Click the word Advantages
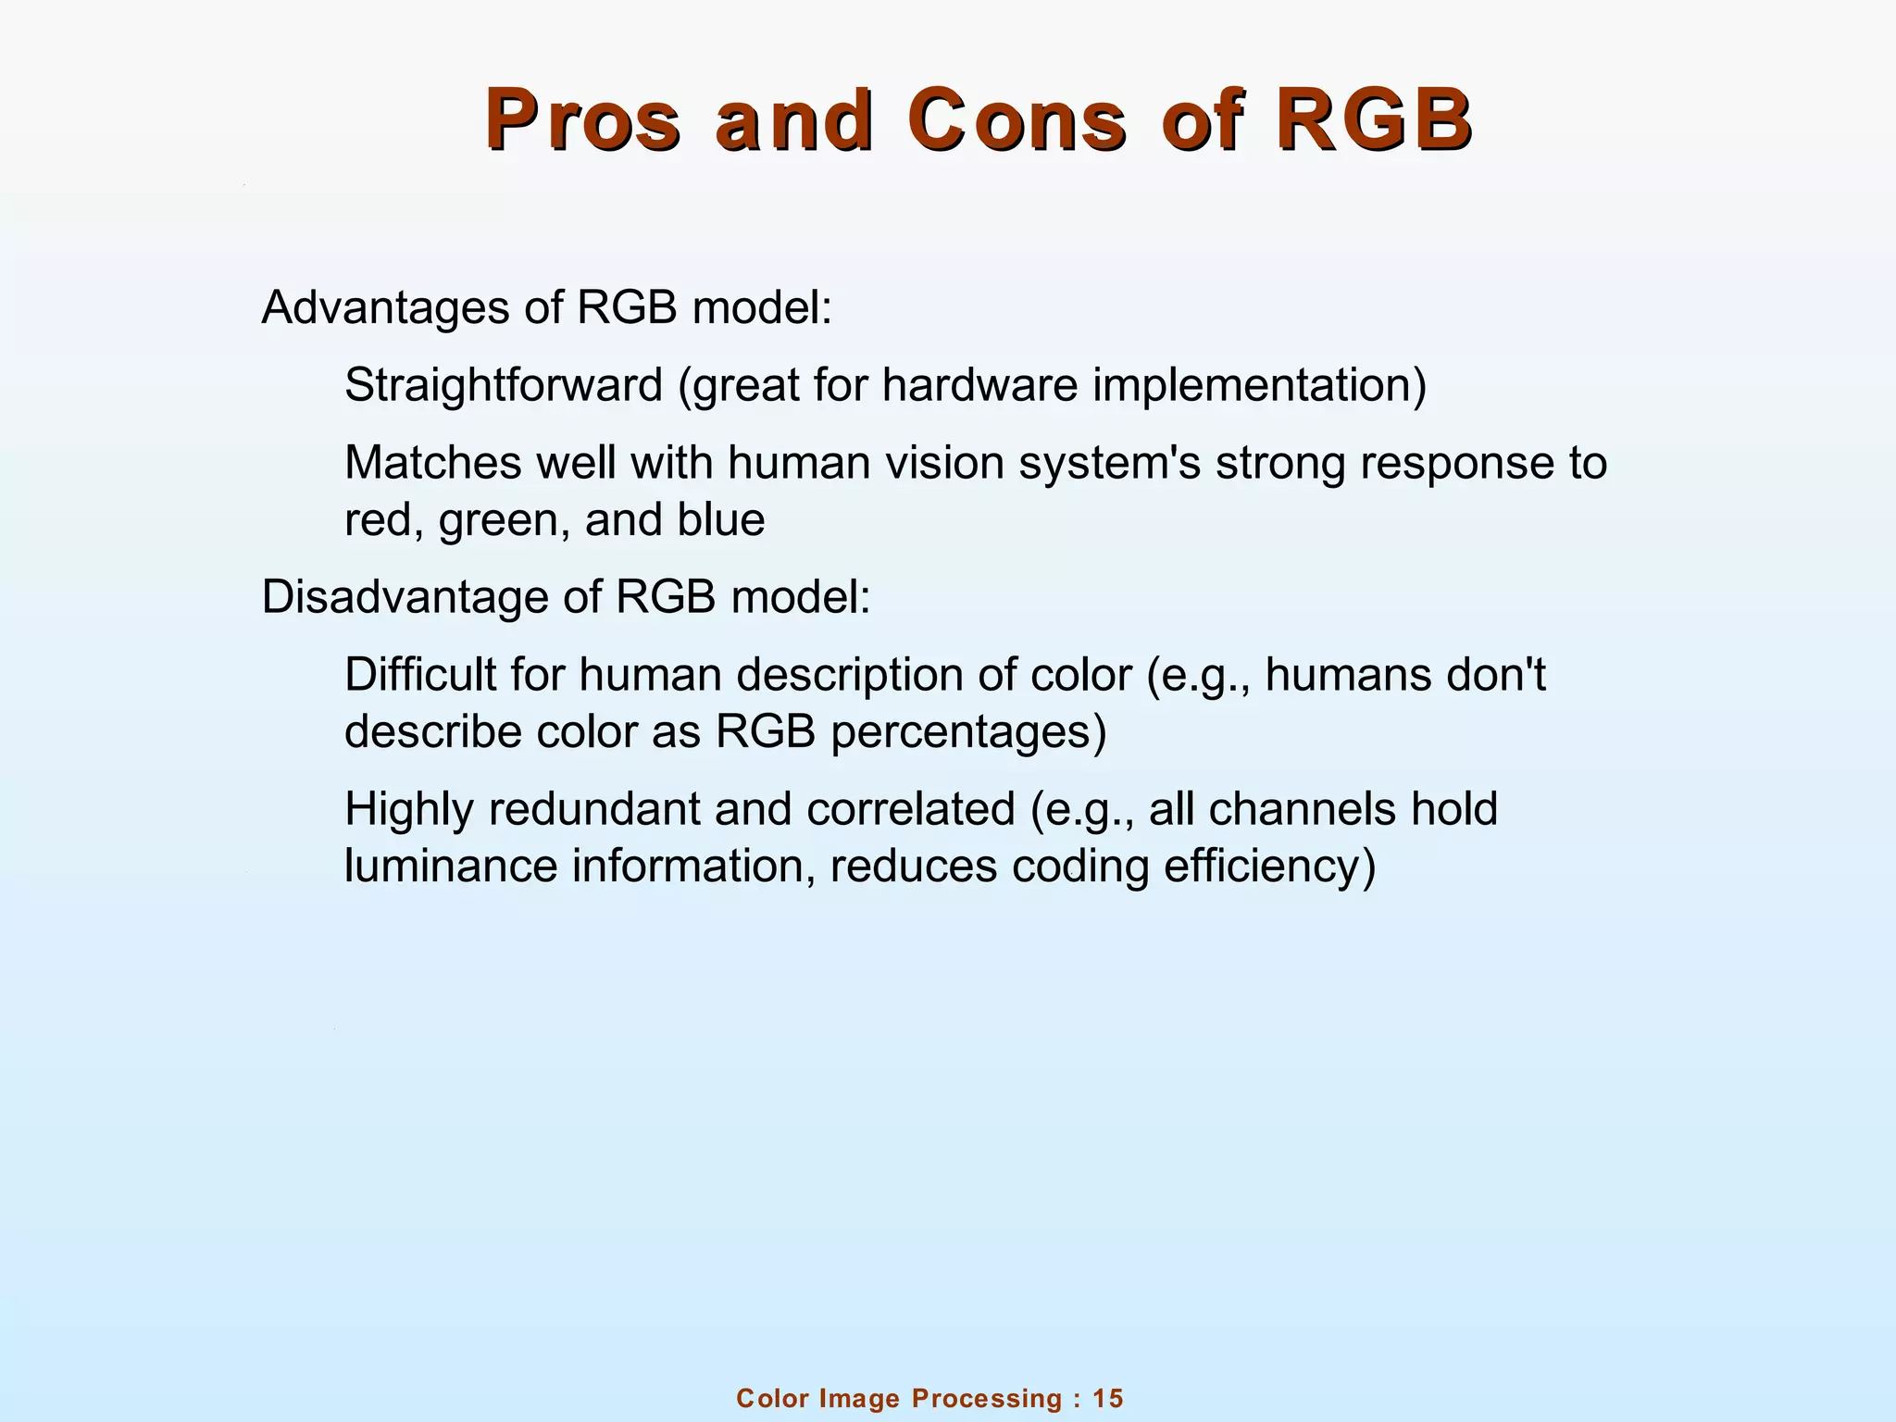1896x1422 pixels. [385, 308]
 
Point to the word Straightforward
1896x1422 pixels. [504, 385]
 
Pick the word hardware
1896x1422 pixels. [979, 385]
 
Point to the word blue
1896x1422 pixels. [720, 520]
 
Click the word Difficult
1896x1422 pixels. [421, 675]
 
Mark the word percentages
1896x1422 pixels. [968, 733]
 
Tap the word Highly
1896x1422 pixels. [409, 809]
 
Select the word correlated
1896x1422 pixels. [911, 809]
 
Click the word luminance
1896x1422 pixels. [450, 867]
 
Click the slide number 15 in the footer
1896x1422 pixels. [1107, 1398]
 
